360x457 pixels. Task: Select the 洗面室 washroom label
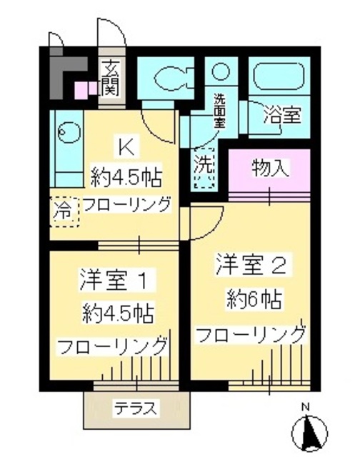[220, 110]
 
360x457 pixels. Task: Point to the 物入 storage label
[270, 169]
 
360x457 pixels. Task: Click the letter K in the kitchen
[126, 149]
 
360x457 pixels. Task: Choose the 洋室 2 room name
[251, 266]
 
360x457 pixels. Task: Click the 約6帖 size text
[252, 298]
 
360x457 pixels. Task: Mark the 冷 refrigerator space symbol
[64, 211]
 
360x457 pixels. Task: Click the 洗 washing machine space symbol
[205, 166]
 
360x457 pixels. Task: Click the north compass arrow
[308, 431]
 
